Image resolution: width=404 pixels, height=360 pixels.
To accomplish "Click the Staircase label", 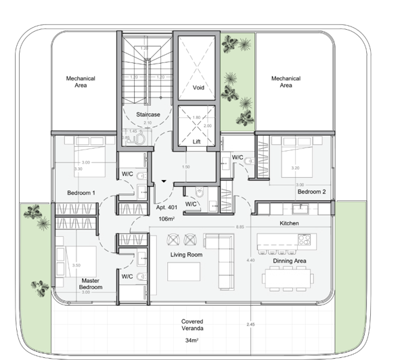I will [148, 114].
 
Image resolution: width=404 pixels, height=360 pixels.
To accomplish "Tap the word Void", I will [198, 88].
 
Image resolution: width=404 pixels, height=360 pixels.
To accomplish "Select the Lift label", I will [196, 141].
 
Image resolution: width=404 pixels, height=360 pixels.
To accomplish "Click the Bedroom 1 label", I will [81, 193].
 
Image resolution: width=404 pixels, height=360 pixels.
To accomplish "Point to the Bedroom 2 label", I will [311, 192].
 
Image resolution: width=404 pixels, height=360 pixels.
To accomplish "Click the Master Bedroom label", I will [91, 284].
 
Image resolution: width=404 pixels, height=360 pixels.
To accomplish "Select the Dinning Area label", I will [291, 261].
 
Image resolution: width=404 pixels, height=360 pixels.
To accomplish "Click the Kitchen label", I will [289, 223].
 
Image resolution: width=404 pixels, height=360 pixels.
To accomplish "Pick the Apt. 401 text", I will [166, 208].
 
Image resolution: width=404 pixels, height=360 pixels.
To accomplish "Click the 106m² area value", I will [167, 219].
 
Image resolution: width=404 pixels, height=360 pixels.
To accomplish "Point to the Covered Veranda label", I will [192, 325].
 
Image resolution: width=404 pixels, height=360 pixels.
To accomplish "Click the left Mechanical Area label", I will [81, 82].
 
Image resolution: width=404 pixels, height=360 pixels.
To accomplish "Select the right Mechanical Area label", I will [286, 82].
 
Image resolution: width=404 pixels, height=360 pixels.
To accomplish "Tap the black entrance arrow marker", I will [163, 181].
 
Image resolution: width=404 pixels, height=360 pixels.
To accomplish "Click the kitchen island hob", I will [304, 240].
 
